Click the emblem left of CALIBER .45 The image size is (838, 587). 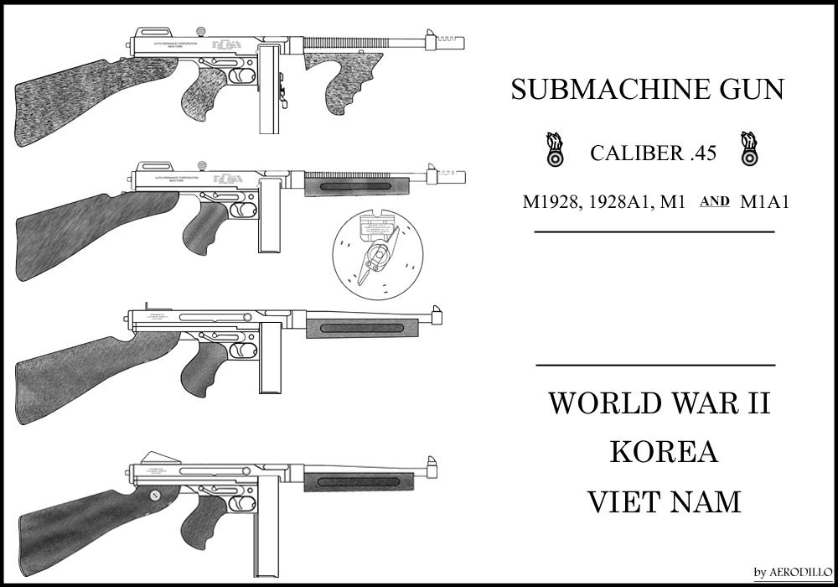coord(554,149)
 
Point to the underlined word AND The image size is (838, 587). coord(714,201)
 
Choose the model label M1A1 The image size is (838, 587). coord(766,202)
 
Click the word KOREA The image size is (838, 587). coord(663,453)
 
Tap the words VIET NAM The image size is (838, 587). coord(663,501)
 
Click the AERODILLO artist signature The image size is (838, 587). coord(791,572)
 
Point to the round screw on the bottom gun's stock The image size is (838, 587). coord(155,495)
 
